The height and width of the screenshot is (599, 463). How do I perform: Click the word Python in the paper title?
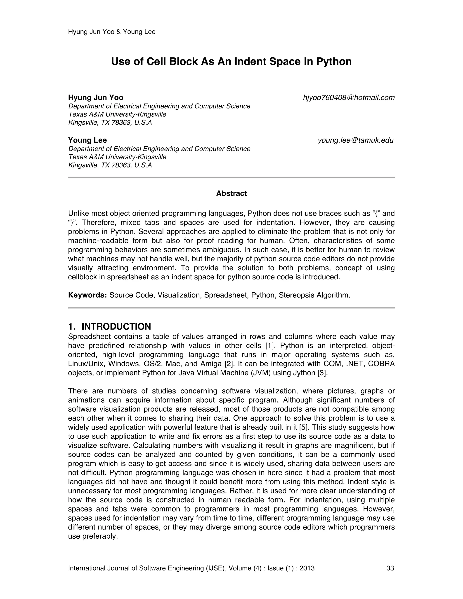[334, 62]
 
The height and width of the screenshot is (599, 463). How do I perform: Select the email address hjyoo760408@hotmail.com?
[349, 98]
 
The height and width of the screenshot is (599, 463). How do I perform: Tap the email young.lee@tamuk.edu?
[355, 140]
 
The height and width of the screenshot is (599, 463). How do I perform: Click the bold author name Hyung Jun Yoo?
[96, 98]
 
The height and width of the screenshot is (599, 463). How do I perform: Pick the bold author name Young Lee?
[87, 140]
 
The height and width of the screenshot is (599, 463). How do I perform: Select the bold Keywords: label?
[87, 295]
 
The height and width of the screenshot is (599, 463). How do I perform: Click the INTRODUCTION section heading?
[116, 326]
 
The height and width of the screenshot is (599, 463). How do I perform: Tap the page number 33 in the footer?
[390, 568]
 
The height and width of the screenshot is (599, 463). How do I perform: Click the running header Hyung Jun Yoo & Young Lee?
[112, 32]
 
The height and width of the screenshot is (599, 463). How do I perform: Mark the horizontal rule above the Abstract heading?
[231, 178]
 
